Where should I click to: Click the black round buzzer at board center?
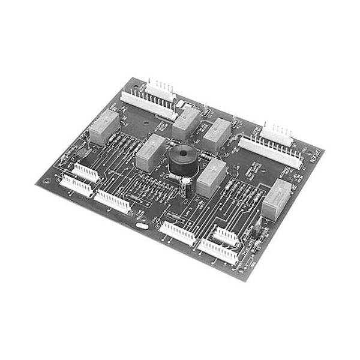point(181,160)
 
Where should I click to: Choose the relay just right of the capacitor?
point(211,178)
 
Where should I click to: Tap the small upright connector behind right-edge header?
point(277,132)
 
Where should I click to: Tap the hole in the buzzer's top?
point(181,153)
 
